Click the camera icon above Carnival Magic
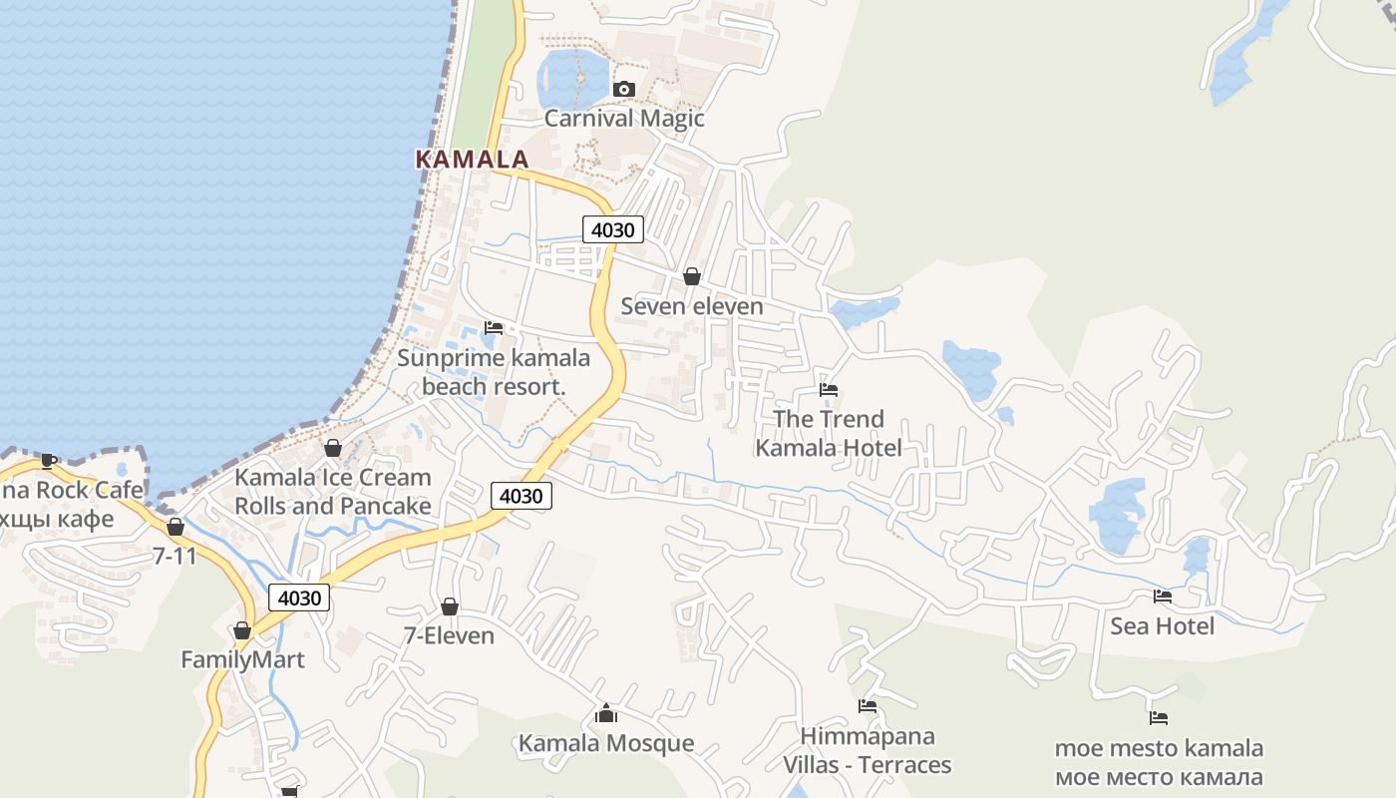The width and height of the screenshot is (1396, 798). (x=624, y=90)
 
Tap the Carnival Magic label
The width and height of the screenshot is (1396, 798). (x=624, y=119)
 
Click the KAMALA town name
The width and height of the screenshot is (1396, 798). (x=472, y=160)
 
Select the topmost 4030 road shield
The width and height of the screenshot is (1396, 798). (x=612, y=230)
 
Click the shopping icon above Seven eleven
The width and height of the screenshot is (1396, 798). (x=692, y=276)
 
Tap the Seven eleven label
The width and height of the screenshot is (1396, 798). (x=692, y=307)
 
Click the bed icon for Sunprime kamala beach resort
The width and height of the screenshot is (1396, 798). (x=494, y=328)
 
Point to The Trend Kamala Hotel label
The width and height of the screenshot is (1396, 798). (x=829, y=434)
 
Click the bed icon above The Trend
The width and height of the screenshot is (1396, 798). (x=829, y=390)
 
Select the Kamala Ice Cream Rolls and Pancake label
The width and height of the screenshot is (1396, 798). (x=333, y=492)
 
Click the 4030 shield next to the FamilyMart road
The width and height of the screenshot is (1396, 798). (x=299, y=598)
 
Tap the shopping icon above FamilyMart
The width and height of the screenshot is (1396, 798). (x=242, y=630)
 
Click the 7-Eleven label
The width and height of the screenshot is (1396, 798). (x=449, y=636)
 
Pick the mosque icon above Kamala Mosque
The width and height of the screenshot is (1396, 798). (x=605, y=714)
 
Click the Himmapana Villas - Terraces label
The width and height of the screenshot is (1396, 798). (x=867, y=751)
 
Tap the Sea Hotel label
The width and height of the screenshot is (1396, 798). (x=1162, y=626)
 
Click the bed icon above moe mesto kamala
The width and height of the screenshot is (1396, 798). (x=1158, y=717)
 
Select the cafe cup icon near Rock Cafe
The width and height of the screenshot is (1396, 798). (x=49, y=460)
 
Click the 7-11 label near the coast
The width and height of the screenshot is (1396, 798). (x=175, y=557)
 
